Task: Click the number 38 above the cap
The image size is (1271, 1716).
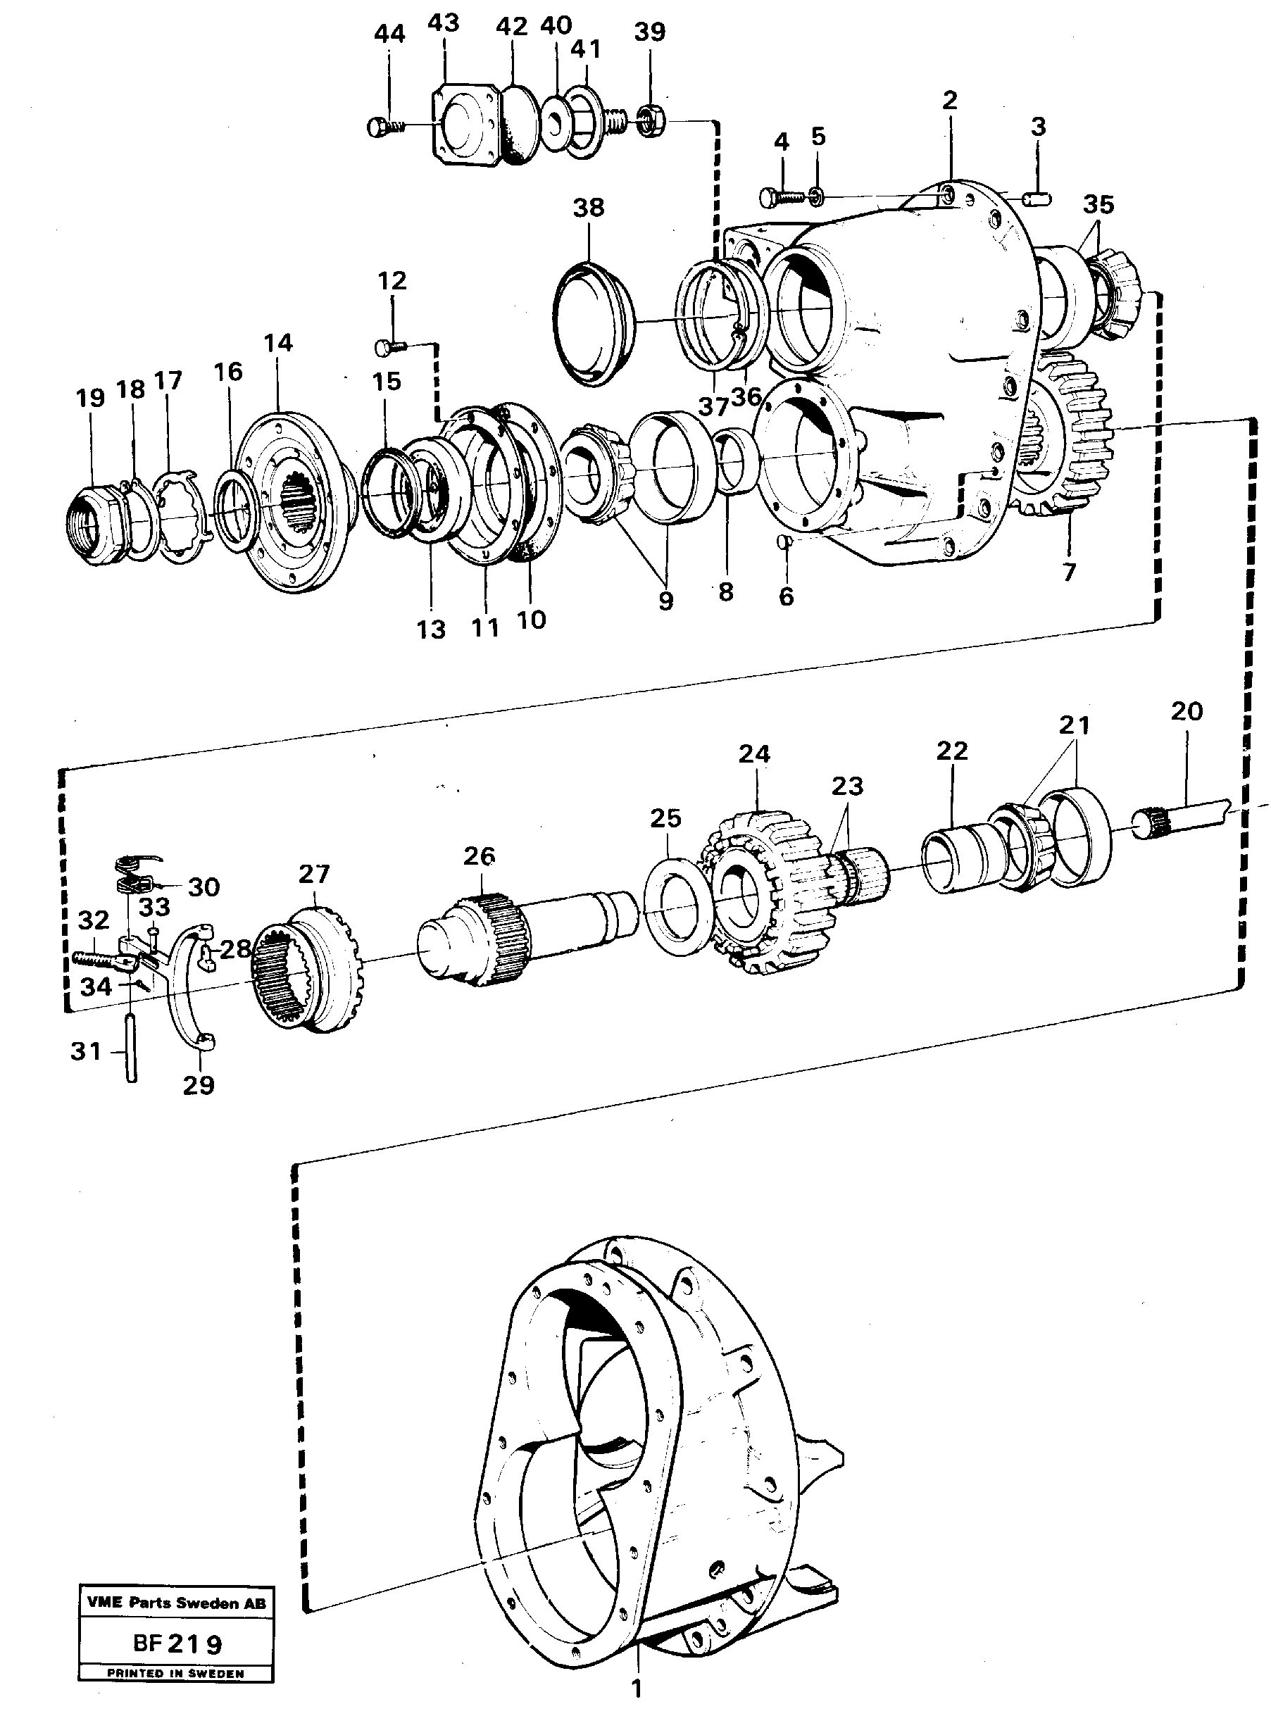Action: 589,208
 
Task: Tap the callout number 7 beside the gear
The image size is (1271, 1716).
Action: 1069,572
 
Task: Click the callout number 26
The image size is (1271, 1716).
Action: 479,856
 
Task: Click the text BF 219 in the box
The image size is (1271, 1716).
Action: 177,1644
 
